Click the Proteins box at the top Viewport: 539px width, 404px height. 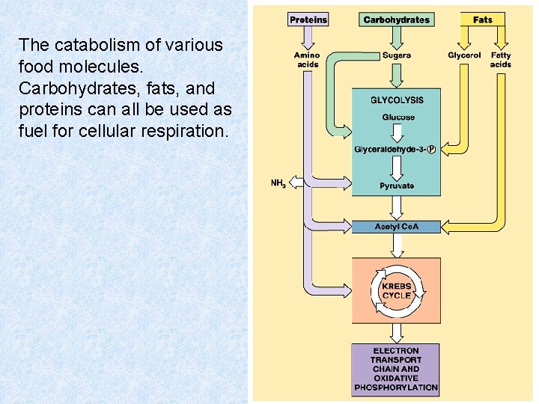(308, 19)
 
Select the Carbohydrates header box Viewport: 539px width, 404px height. (396, 19)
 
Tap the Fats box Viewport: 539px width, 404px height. (483, 19)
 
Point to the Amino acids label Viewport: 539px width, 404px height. (307, 60)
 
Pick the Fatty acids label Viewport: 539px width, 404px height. (501, 60)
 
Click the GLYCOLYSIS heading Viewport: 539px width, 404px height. (397, 100)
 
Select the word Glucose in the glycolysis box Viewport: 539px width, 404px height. (398, 117)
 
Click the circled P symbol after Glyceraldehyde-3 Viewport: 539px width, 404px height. (431, 149)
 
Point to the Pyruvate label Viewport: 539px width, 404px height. (397, 186)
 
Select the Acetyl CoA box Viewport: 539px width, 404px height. (397, 227)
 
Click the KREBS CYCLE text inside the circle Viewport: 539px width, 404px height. (397, 291)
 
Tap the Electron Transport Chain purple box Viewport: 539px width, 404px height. (396, 369)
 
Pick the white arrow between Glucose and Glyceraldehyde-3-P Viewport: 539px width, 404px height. (398, 132)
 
